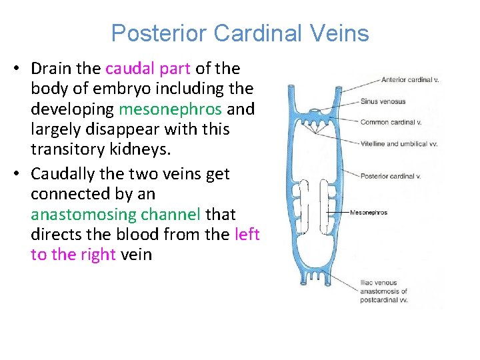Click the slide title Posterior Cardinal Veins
click(240, 33)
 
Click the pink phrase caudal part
click(148, 69)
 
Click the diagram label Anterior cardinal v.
click(409, 80)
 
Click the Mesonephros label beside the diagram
click(369, 213)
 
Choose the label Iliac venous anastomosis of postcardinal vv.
click(385, 291)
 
